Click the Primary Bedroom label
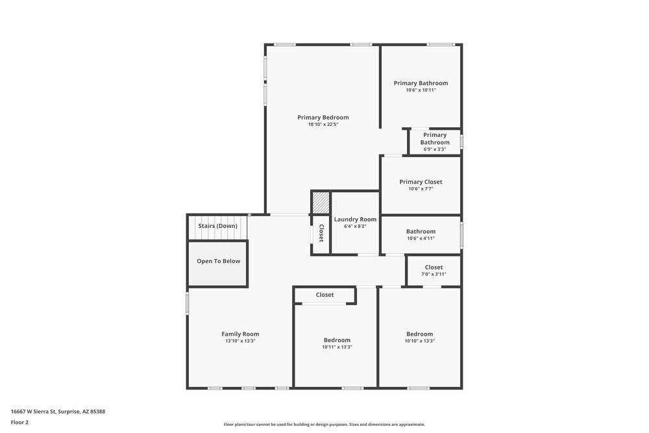(x=323, y=118)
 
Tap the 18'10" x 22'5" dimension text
(x=323, y=125)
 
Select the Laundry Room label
(x=355, y=219)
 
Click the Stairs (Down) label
(x=217, y=226)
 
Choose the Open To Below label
(x=218, y=261)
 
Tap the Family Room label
(x=240, y=334)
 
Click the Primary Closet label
(x=421, y=182)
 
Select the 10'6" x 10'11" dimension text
(x=421, y=90)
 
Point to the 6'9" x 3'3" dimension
(x=435, y=149)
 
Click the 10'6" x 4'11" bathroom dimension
(x=421, y=238)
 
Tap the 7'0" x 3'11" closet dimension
(x=434, y=274)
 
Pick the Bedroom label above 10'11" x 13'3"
(x=337, y=340)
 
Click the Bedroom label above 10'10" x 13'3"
(x=419, y=334)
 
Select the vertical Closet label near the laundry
(x=321, y=234)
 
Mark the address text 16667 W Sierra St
(x=58, y=411)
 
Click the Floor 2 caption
(x=19, y=422)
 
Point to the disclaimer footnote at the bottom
(x=324, y=425)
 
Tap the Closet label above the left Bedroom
(x=324, y=295)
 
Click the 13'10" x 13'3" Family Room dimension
(x=240, y=341)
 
